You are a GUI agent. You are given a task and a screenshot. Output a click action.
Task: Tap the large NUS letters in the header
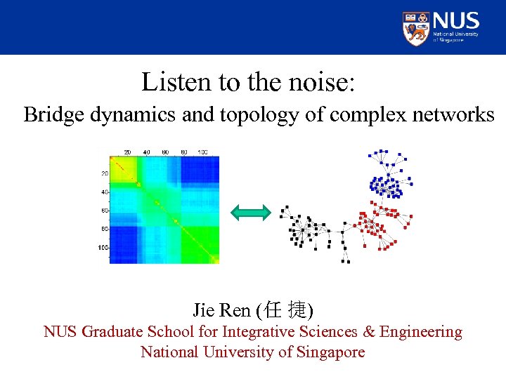pos(456,20)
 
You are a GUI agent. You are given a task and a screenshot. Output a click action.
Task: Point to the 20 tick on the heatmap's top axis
pos(127,152)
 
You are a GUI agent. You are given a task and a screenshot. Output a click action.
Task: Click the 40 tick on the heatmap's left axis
pos(103,192)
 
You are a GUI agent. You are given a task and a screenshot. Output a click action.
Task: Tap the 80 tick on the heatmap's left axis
pos(103,229)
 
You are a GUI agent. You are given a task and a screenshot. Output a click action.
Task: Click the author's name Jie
pos(204,310)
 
